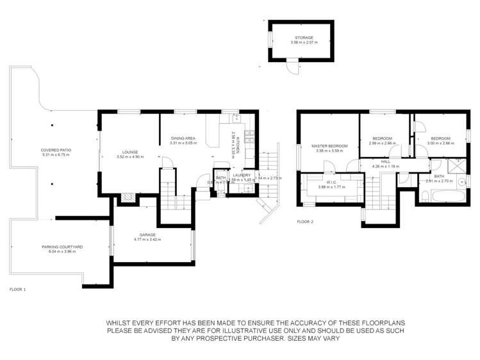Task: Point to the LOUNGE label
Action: click(x=128, y=152)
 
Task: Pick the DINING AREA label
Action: click(x=183, y=138)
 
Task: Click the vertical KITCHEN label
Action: click(x=237, y=147)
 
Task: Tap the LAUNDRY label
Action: click(x=242, y=175)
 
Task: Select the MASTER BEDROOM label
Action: click(x=329, y=146)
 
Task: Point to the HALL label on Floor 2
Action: click(x=385, y=162)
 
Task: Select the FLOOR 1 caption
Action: click(x=17, y=290)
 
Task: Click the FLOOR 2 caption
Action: click(x=305, y=222)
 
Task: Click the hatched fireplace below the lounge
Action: click(x=127, y=197)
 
